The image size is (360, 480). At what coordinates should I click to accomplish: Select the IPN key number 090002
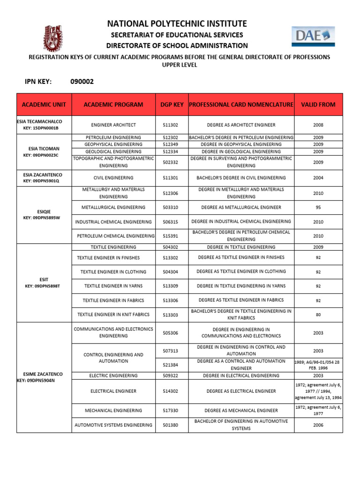tap(82, 82)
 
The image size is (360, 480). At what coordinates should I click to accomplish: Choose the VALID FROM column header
tap(318, 105)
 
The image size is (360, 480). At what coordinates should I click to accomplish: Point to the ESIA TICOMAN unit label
tap(44, 148)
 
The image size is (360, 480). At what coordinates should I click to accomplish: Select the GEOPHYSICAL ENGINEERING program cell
tap(113, 144)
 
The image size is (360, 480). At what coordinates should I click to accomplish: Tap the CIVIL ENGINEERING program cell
tap(113, 178)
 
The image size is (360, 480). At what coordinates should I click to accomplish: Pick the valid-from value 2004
tap(318, 178)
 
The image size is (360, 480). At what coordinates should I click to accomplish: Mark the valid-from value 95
tap(318, 207)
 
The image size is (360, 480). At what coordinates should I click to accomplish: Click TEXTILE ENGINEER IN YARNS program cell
tap(113, 286)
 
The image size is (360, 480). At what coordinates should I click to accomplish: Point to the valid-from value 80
tap(318, 315)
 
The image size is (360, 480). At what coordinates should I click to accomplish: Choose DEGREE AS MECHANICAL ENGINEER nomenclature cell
tap(241, 411)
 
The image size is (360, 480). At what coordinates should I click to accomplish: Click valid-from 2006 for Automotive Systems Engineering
tap(318, 425)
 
